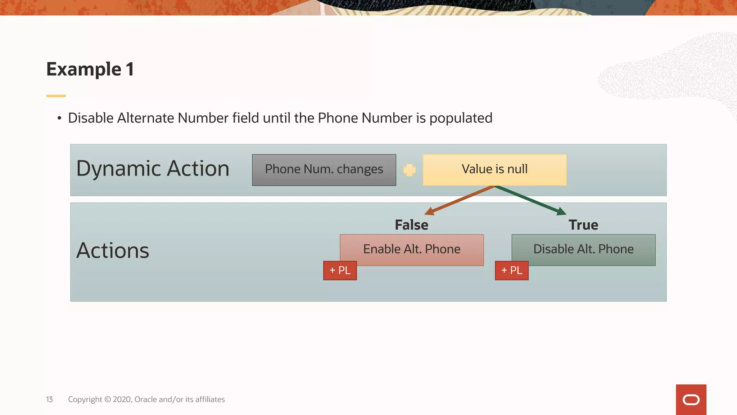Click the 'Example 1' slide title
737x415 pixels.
click(90, 69)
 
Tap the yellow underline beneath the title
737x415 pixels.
click(56, 96)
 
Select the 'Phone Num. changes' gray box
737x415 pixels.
click(324, 170)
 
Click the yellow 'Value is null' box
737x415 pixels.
click(494, 170)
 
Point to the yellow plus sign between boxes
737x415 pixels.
click(409, 170)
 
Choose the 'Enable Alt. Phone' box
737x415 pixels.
click(412, 249)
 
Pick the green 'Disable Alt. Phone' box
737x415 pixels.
click(583, 249)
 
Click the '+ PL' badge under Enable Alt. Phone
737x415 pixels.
click(340, 271)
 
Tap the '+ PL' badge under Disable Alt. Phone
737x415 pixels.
click(511, 271)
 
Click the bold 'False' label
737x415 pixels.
click(411, 225)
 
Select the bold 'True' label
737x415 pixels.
click(583, 225)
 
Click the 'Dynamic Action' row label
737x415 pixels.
click(153, 169)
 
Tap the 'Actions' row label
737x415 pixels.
click(113, 250)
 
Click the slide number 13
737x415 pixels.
click(49, 400)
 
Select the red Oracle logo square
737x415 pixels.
click(691, 400)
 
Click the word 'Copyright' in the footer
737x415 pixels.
click(85, 400)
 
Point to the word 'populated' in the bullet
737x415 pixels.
click(461, 118)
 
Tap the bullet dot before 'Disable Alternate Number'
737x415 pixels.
click(59, 119)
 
